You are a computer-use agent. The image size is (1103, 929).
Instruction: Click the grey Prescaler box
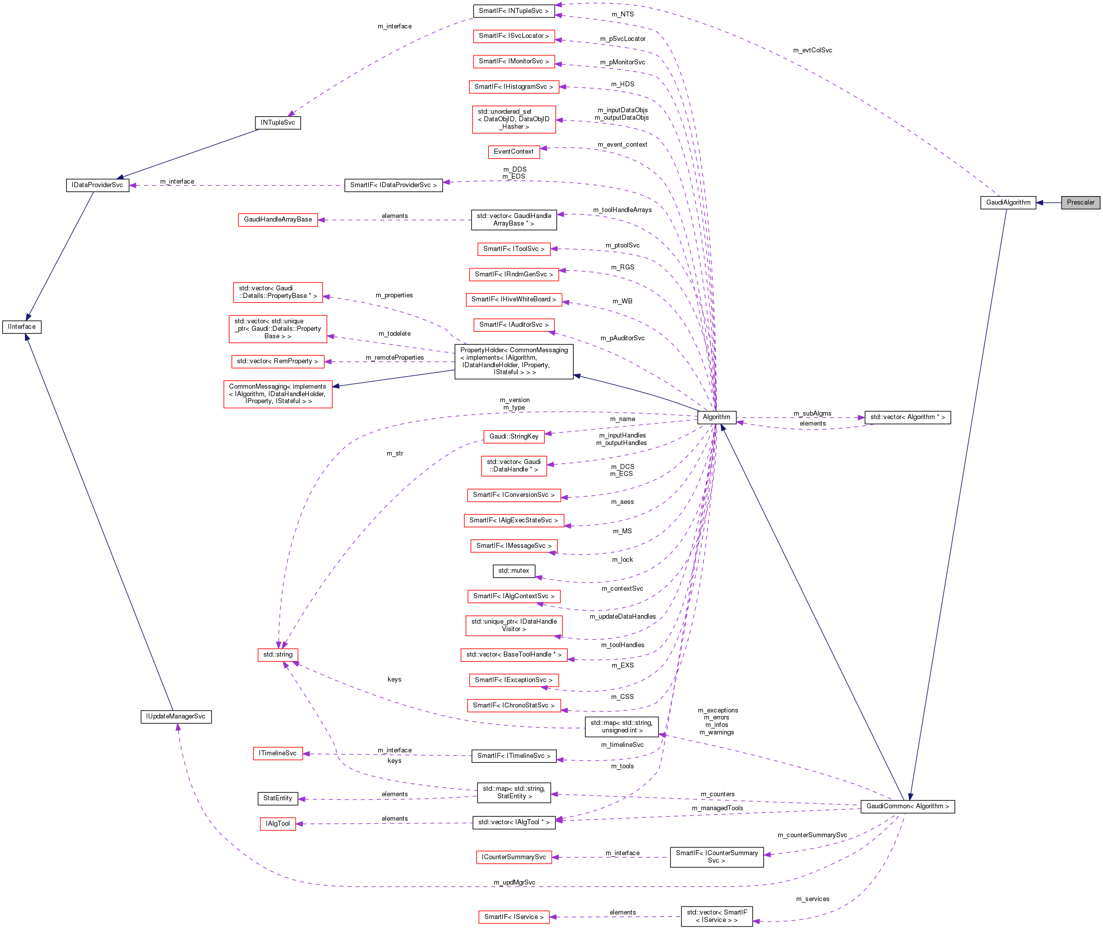pyautogui.click(x=1080, y=202)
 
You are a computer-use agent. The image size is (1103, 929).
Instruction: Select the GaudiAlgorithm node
pyautogui.click(x=1008, y=202)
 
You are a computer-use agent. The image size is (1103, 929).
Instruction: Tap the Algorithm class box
pyautogui.click(x=716, y=417)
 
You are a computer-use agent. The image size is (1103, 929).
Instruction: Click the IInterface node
pyautogui.click(x=21, y=326)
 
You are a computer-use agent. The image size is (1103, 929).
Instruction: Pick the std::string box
pyautogui.click(x=277, y=655)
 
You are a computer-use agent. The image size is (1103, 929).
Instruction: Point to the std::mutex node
pyautogui.click(x=513, y=571)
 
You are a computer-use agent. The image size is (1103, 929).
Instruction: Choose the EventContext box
pyautogui.click(x=513, y=152)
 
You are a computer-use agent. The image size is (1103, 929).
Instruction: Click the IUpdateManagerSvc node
pyautogui.click(x=176, y=716)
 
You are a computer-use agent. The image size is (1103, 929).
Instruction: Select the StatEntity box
pyautogui.click(x=277, y=798)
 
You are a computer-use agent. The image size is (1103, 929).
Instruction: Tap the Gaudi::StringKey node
pyautogui.click(x=513, y=437)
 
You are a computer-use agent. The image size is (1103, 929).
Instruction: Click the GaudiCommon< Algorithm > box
pyautogui.click(x=907, y=806)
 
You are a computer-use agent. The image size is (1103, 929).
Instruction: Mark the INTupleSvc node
pyautogui.click(x=277, y=123)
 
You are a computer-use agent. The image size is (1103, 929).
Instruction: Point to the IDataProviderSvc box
pyautogui.click(x=97, y=186)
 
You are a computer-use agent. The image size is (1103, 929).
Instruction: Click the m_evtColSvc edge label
pyautogui.click(x=812, y=50)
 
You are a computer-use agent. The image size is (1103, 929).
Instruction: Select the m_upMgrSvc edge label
pyautogui.click(x=514, y=883)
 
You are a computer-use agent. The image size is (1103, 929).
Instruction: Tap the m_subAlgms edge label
pyautogui.click(x=812, y=414)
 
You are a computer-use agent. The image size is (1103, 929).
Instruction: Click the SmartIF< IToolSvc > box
pyautogui.click(x=513, y=249)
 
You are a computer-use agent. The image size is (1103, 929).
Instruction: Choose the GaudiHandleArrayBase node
pyautogui.click(x=277, y=220)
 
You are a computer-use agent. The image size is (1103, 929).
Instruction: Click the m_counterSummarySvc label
pyautogui.click(x=812, y=835)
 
